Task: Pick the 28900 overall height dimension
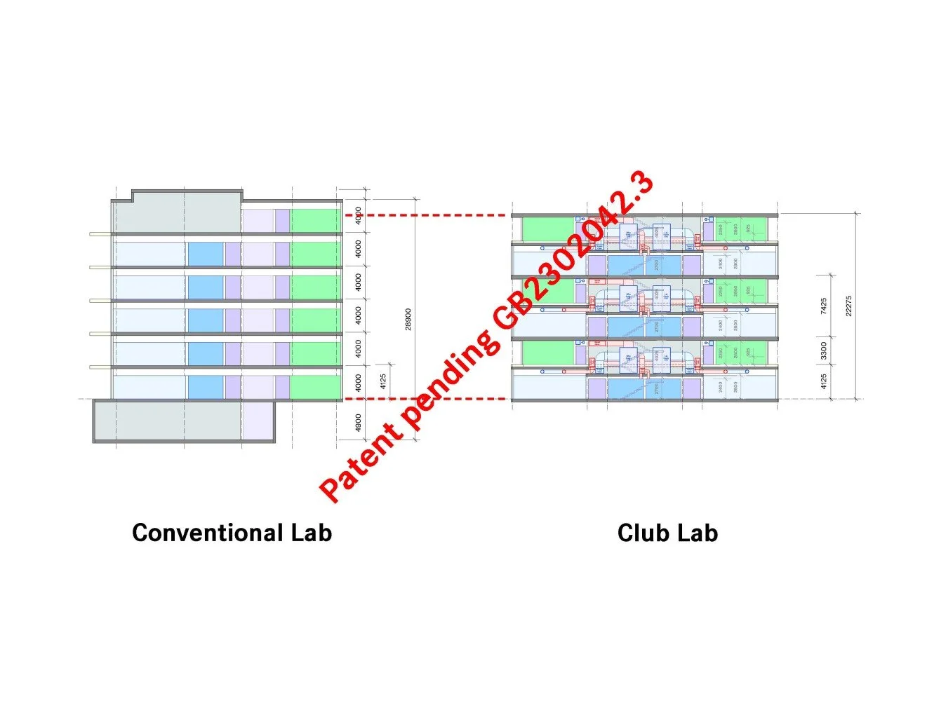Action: click(408, 319)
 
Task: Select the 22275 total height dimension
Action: click(849, 306)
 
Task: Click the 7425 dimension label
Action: click(824, 306)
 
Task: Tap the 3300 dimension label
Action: click(824, 350)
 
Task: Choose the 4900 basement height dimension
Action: click(359, 423)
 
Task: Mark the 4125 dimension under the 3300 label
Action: click(824, 383)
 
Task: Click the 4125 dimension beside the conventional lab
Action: click(383, 381)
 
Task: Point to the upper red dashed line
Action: click(428, 215)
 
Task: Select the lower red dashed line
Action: click(428, 399)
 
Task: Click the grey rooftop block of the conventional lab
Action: click(175, 213)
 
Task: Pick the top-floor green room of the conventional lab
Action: click(316, 220)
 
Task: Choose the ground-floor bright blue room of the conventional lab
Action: click(205, 387)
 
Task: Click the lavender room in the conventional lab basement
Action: click(258, 421)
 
